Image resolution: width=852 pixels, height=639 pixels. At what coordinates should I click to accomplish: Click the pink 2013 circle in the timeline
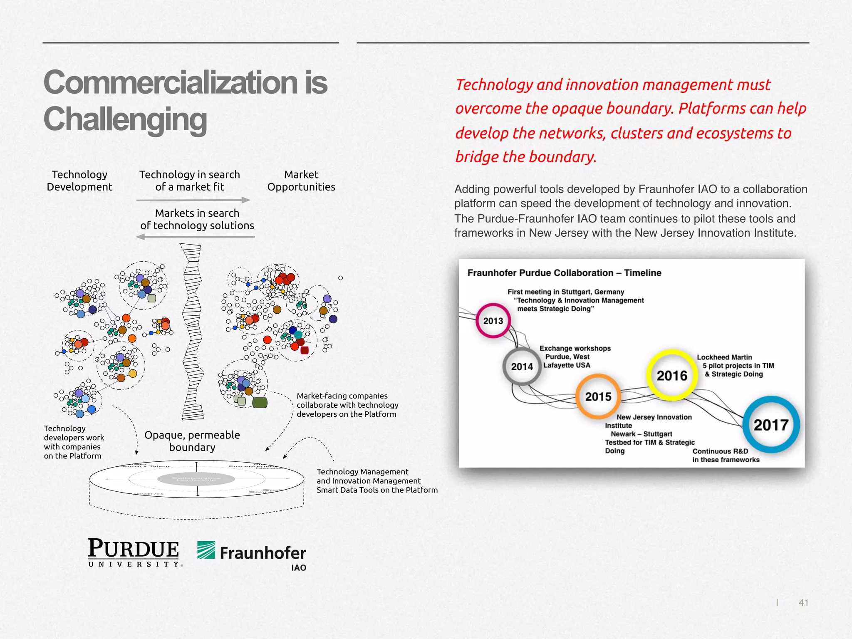pyautogui.click(x=493, y=321)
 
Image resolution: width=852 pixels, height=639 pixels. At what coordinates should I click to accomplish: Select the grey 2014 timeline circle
pyautogui.click(x=522, y=367)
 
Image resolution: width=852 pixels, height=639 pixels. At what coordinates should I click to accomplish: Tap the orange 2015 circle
pyautogui.click(x=598, y=396)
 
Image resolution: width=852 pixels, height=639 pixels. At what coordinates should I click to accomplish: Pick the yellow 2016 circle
pyautogui.click(x=672, y=376)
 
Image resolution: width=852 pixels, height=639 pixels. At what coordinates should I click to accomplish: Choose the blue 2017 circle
pyautogui.click(x=771, y=425)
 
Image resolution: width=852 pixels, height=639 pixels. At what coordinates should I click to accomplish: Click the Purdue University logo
pyautogui.click(x=134, y=552)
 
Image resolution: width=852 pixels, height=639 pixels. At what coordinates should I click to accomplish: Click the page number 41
pyautogui.click(x=803, y=602)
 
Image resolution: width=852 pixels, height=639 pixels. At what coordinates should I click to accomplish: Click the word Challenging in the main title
pyautogui.click(x=125, y=119)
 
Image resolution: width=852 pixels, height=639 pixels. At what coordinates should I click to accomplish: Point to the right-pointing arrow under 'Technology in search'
pyautogui.click(x=193, y=200)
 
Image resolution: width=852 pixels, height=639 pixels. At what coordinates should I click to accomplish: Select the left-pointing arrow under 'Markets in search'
pyautogui.click(x=196, y=237)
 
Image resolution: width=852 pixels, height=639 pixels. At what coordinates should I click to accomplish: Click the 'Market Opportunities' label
pyautogui.click(x=301, y=181)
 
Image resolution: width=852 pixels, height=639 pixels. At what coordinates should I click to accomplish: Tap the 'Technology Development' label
pyautogui.click(x=79, y=181)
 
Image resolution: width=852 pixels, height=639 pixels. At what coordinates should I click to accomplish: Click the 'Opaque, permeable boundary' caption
pyautogui.click(x=192, y=441)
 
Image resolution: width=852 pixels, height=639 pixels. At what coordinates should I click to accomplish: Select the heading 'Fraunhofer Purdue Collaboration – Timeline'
pyautogui.click(x=564, y=273)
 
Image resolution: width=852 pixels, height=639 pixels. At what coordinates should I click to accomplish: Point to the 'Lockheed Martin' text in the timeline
pyautogui.click(x=724, y=357)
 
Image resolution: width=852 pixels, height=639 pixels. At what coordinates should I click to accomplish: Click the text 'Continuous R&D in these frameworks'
pyautogui.click(x=726, y=456)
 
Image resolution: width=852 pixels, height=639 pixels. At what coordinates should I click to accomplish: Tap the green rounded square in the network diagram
pyautogui.click(x=260, y=402)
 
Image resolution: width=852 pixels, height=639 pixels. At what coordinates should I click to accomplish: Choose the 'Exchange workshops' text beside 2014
pyautogui.click(x=575, y=348)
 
